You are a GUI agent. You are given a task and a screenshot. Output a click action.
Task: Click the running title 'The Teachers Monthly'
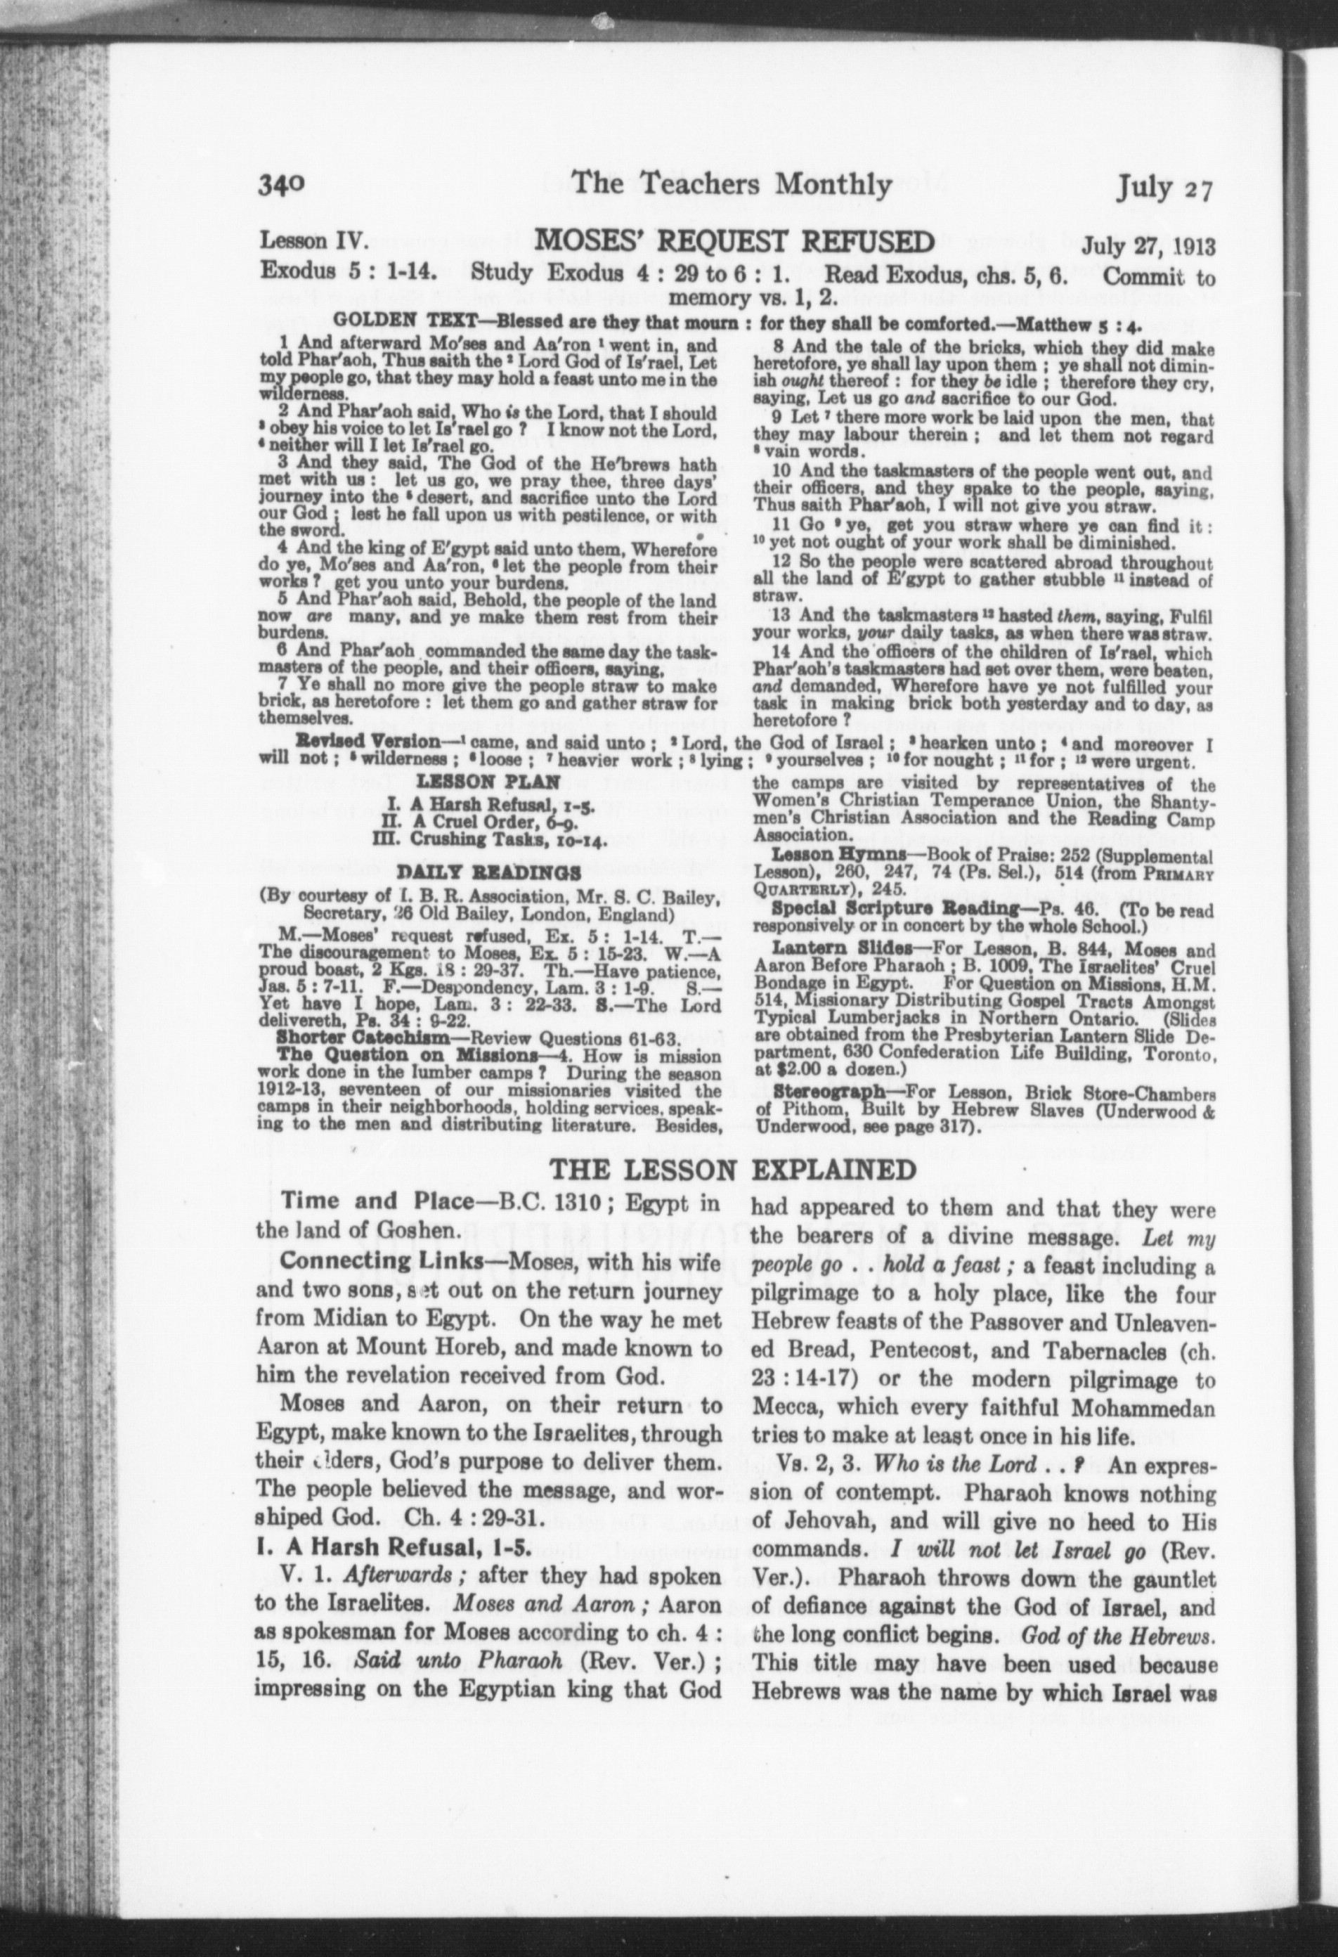click(731, 183)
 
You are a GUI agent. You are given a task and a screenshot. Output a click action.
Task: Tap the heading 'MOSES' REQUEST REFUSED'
click(735, 242)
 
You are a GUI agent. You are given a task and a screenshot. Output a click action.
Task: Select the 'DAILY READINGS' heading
click(488, 872)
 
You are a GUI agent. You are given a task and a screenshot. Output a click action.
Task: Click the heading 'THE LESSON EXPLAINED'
click(732, 1170)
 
